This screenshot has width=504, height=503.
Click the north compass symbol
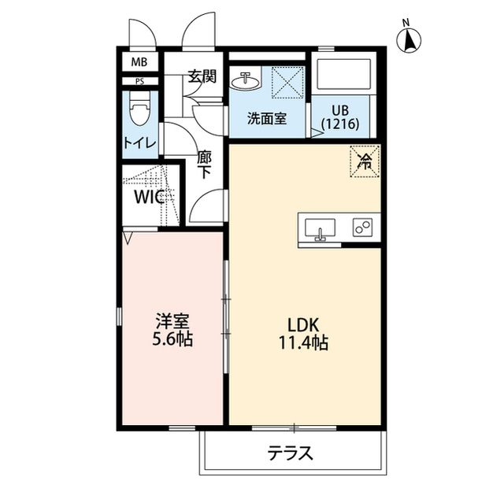(409, 40)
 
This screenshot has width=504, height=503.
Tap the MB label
(139, 62)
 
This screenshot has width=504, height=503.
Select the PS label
(139, 80)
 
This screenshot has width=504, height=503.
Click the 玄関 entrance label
(202, 76)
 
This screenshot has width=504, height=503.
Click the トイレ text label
(139, 142)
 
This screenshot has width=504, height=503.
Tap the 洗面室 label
(266, 119)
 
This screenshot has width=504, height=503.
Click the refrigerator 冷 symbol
(365, 163)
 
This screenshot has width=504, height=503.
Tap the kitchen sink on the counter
(320, 229)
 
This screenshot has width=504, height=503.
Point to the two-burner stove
(362, 229)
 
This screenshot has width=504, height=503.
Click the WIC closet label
(146, 196)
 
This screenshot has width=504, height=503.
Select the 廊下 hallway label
(203, 165)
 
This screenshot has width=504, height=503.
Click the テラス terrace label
(291, 453)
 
